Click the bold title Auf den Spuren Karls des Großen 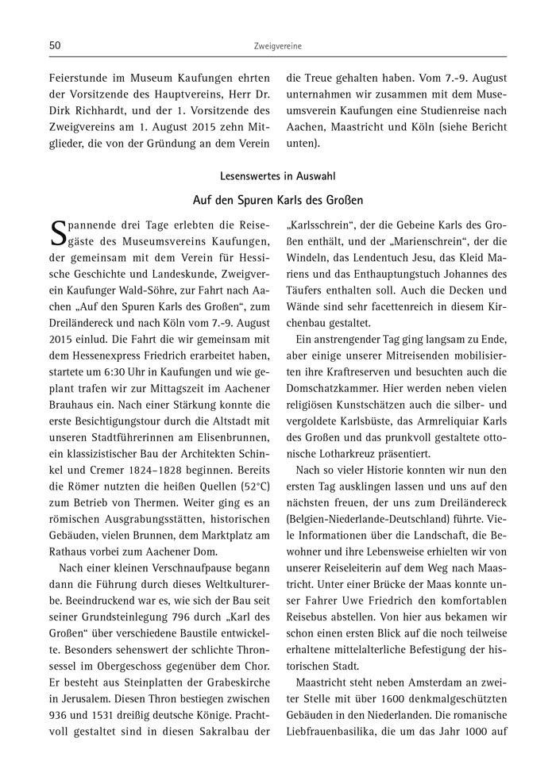pos(278,202)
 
